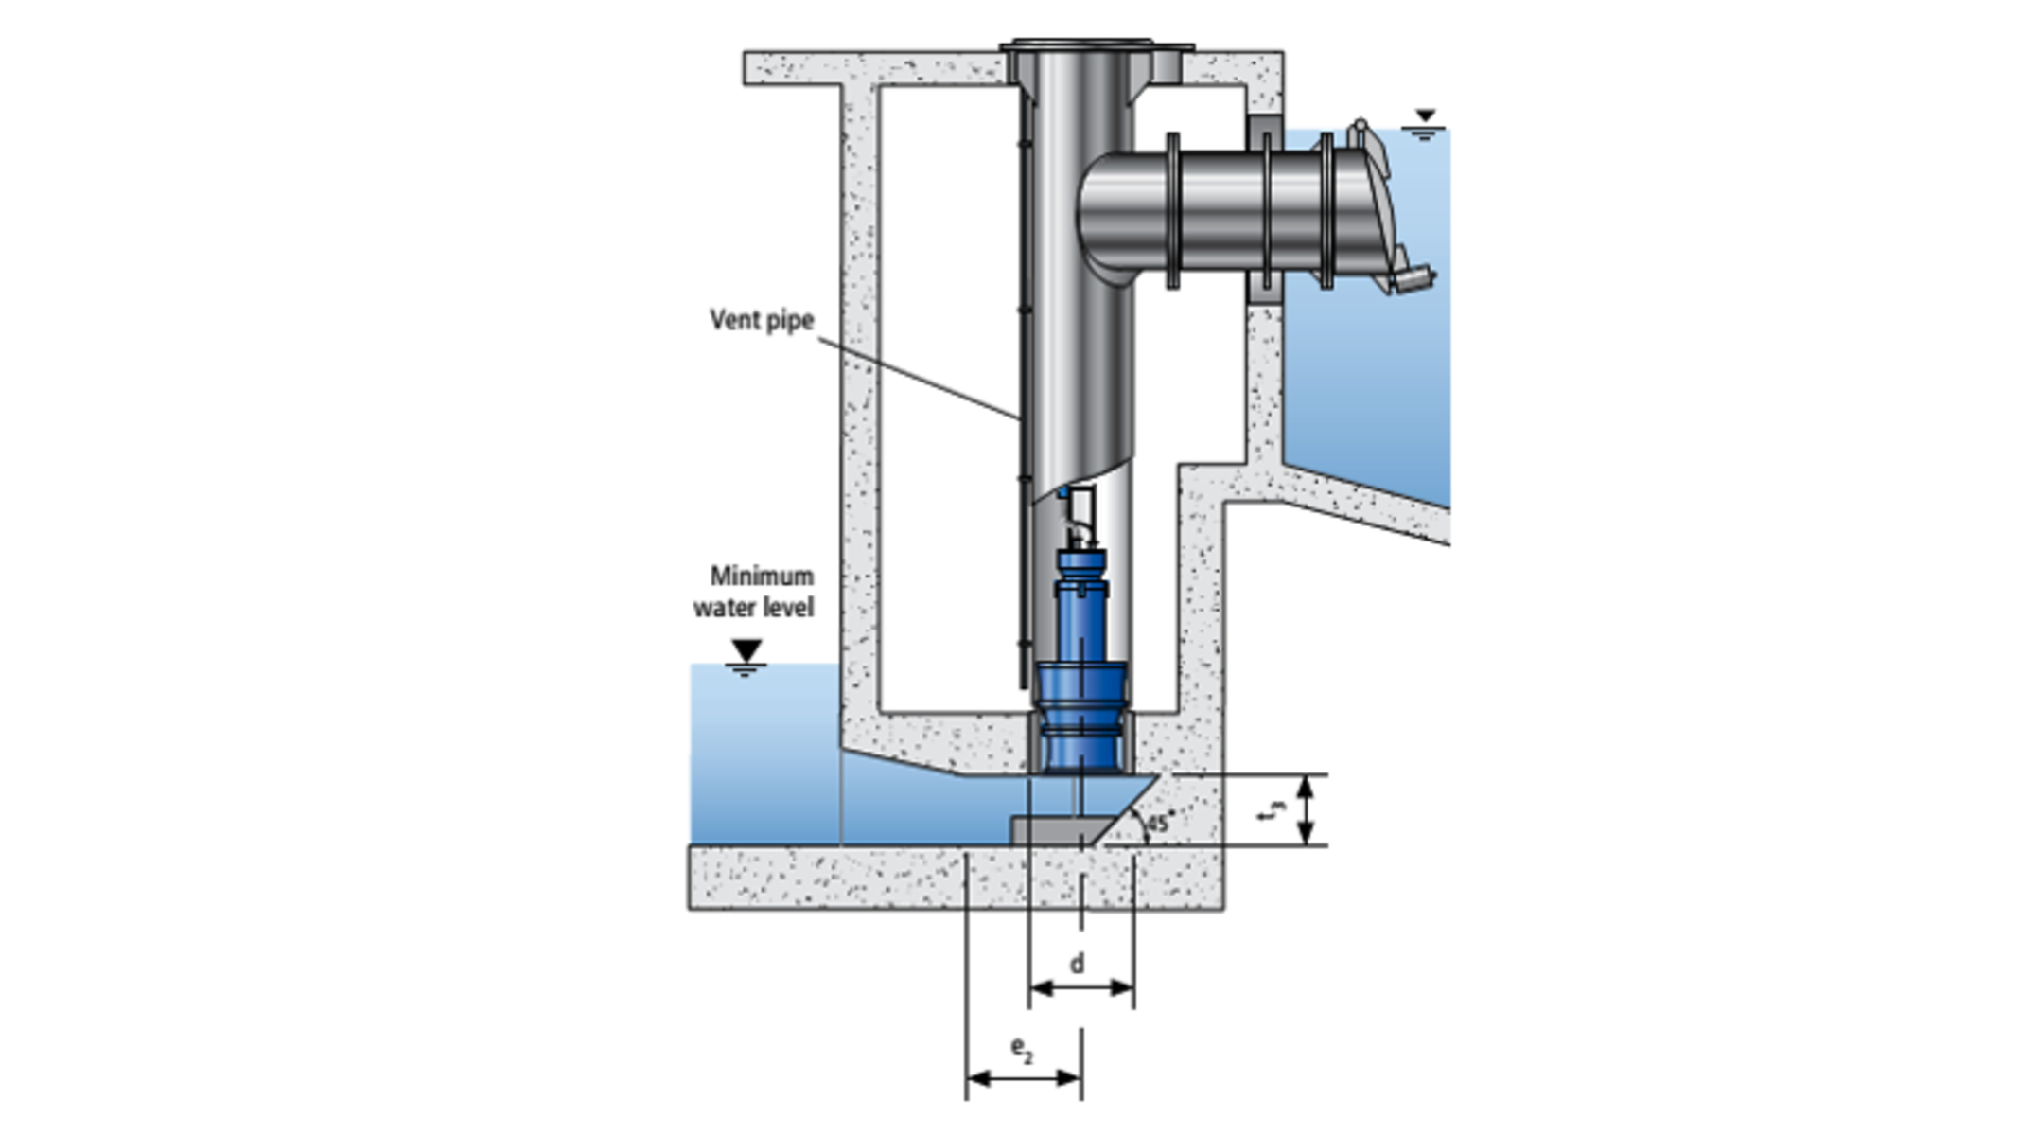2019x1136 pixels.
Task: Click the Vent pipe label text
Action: [x=762, y=320]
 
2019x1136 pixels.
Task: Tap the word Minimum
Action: [x=762, y=576]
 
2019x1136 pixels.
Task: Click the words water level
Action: [x=753, y=607]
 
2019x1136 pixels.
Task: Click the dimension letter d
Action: [x=1077, y=964]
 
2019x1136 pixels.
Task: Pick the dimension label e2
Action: [x=1022, y=1048]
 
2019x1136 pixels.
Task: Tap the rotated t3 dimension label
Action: [x=1273, y=810]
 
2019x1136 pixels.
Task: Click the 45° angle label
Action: [x=1160, y=822]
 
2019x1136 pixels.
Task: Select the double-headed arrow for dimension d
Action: [x=1081, y=988]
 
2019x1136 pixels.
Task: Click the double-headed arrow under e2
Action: [x=1024, y=1077]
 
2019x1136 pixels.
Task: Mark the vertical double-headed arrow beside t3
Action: [x=1306, y=809]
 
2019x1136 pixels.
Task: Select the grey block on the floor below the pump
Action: [x=1050, y=829]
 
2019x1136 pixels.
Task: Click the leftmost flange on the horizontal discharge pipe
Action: [x=1173, y=210]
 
